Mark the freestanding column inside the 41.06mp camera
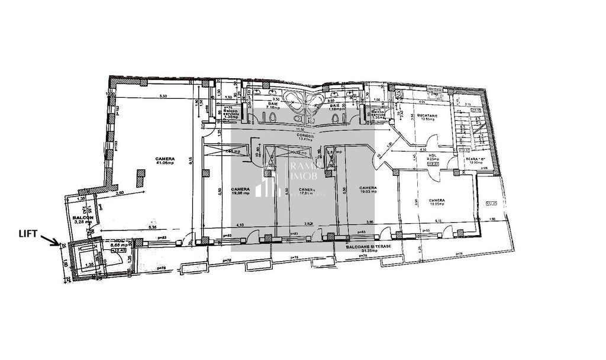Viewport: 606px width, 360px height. tap(141, 178)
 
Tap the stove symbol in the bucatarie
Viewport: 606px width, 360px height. tap(437, 94)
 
